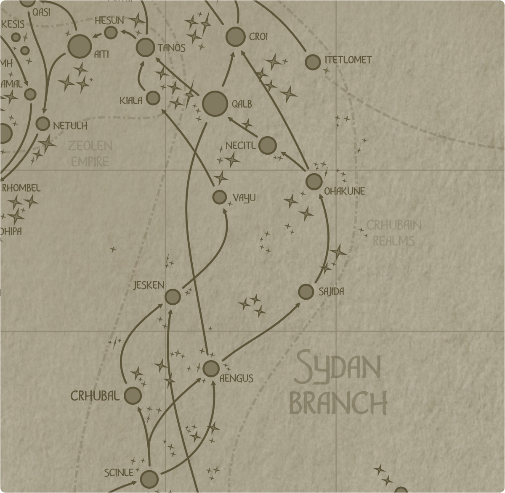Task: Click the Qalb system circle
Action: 215,103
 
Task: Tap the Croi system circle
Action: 235,37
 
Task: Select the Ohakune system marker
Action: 314,182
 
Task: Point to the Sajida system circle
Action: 306,292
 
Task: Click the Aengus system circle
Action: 211,369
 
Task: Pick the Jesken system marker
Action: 173,297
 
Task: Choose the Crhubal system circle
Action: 133,395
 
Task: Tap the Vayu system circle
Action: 219,197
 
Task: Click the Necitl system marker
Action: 268,145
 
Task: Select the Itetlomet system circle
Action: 312,62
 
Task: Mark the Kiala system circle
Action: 153,98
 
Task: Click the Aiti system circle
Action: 80,46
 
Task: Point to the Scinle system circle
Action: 149,479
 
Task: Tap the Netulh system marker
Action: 43,124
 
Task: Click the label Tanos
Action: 172,48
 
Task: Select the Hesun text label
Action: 109,21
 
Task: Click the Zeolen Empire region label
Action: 90,153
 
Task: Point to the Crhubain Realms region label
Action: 393,233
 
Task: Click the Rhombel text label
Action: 21,188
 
